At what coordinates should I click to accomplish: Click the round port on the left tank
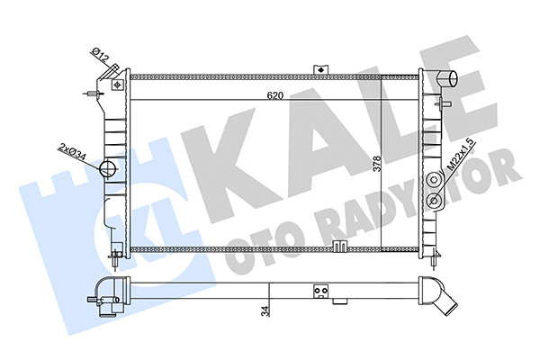[109, 168]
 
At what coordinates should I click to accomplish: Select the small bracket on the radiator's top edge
[318, 68]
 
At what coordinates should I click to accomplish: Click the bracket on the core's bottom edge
[340, 247]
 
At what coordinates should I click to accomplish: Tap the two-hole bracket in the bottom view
[319, 290]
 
